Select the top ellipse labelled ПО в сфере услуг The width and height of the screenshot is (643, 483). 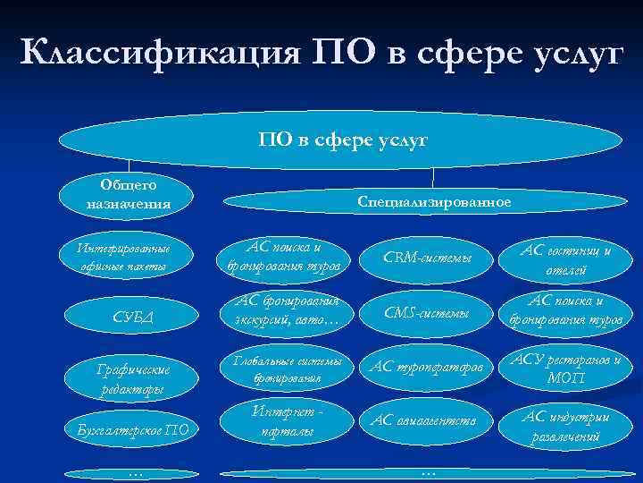tap(342, 140)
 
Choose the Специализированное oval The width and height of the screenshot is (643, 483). tap(434, 202)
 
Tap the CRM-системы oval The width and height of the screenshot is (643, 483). tap(426, 258)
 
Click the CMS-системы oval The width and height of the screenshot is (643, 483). tap(426, 312)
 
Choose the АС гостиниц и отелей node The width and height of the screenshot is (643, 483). tap(565, 258)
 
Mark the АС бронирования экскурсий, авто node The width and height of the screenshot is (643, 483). tap(283, 311)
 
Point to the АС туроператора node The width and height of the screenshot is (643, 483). tap(426, 369)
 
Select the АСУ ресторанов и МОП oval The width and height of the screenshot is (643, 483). tap(565, 369)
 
